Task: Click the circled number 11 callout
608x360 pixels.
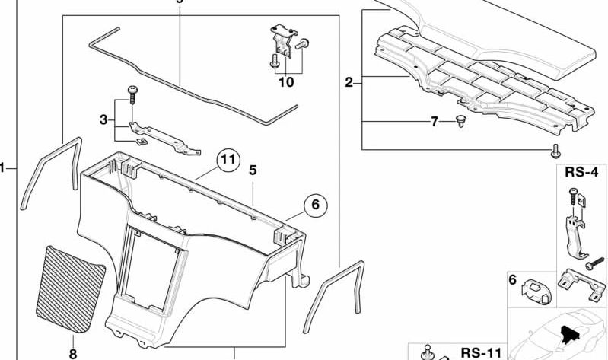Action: click(225, 161)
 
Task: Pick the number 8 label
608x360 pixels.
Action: click(72, 353)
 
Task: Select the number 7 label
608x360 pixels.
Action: click(435, 122)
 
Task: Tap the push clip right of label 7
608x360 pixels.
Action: click(460, 122)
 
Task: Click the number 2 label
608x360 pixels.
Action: click(349, 82)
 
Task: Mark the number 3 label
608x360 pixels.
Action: click(103, 119)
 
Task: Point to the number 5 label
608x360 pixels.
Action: click(252, 172)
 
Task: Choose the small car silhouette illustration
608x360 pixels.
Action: click(559, 335)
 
